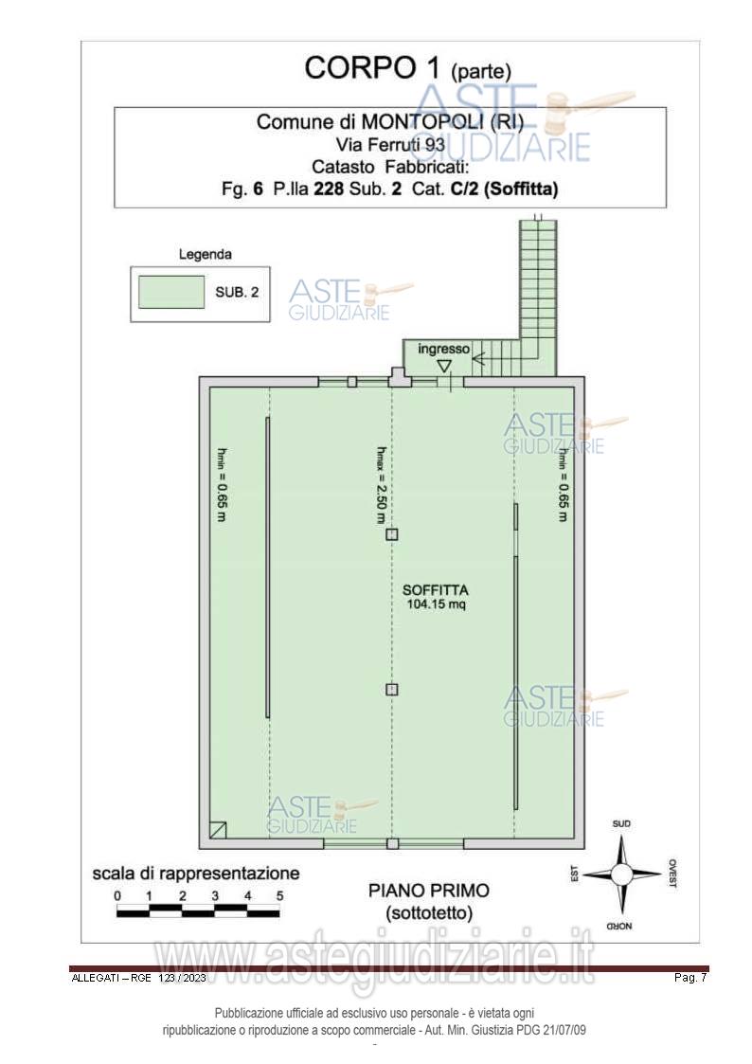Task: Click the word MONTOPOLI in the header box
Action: (x=421, y=122)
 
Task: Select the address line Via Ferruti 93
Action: (x=390, y=145)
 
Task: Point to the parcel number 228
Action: (x=329, y=189)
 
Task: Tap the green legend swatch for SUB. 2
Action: (x=171, y=292)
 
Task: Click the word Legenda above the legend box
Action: (x=205, y=255)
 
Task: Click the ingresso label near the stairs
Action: (x=443, y=349)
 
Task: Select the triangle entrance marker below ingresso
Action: (x=443, y=367)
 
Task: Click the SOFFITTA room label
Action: (x=436, y=590)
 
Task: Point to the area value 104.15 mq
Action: (x=436, y=604)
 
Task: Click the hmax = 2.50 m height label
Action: (x=381, y=484)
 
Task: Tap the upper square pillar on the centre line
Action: (x=392, y=534)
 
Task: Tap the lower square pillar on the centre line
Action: (x=392, y=690)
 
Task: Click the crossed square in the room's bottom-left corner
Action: (x=219, y=829)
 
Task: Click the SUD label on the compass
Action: (x=621, y=823)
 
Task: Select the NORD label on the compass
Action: (x=619, y=926)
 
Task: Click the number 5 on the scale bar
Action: (x=279, y=895)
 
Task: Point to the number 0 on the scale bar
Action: (x=117, y=895)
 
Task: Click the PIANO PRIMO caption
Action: (x=428, y=891)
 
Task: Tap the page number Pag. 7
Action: (x=690, y=978)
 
